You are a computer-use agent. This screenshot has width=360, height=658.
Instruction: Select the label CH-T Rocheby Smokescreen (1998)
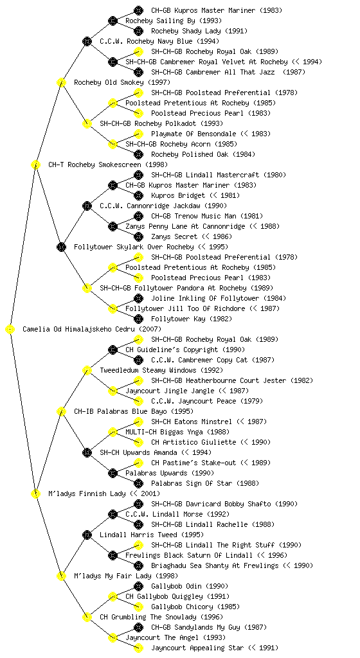(x=108, y=165)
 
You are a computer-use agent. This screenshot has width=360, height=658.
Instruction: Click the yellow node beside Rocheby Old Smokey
(x=61, y=82)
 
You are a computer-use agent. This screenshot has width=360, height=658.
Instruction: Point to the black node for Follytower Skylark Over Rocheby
(x=61, y=247)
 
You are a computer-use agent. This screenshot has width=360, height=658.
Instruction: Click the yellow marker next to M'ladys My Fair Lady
(x=61, y=576)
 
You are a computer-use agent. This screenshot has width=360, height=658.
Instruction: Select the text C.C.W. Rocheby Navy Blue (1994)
(x=159, y=41)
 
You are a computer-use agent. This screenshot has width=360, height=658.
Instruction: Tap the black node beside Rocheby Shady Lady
(x=138, y=31)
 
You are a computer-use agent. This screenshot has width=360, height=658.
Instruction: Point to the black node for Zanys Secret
(x=138, y=236)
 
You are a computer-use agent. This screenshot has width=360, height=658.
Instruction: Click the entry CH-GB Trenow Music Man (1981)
(x=207, y=216)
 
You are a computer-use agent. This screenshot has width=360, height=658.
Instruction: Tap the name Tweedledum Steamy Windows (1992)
(x=161, y=371)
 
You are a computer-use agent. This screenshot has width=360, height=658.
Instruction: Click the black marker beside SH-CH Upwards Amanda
(x=87, y=452)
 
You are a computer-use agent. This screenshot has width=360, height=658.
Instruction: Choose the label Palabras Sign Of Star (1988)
(x=205, y=483)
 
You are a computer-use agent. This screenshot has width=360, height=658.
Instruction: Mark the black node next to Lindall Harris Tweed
(x=87, y=535)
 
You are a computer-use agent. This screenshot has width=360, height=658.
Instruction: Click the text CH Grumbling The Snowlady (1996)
(x=161, y=618)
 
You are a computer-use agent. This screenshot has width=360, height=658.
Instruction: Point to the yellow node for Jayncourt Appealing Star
(x=138, y=648)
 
